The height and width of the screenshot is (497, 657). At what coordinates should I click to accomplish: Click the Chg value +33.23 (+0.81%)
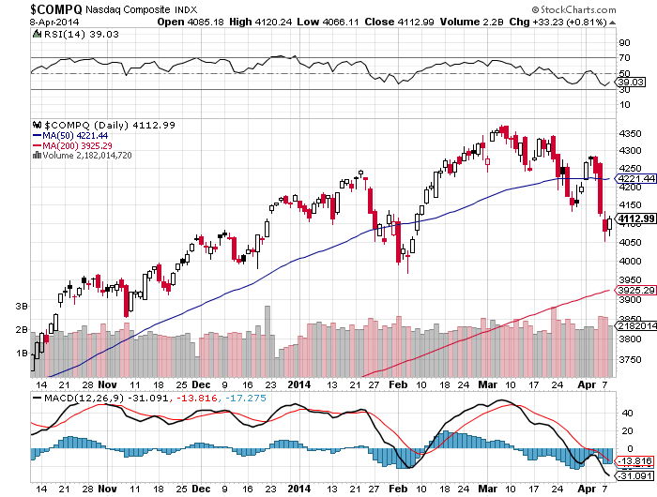pos(581,21)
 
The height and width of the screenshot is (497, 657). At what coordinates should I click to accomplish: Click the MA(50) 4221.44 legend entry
pos(80,134)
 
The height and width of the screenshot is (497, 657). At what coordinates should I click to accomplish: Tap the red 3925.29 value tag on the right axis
pos(634,291)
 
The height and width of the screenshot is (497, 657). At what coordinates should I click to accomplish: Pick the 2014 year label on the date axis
pos(299,384)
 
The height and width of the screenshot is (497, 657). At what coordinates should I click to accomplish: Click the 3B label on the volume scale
pos(22,307)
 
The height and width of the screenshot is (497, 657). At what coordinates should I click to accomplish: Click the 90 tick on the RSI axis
pos(621,42)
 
